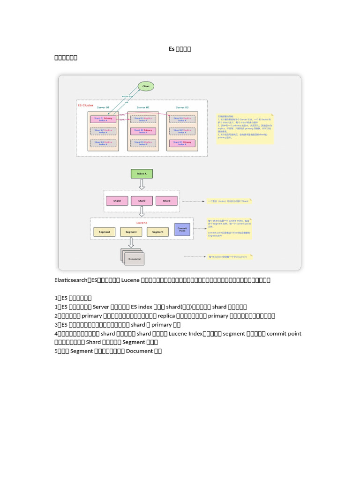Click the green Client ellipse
[x=146, y=87]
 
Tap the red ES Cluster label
[x=85, y=105]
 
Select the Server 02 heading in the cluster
[x=142, y=108]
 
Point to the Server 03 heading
[x=182, y=108]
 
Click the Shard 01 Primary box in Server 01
[x=103, y=120]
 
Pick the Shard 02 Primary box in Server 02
[x=142, y=131]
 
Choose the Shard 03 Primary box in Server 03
[x=182, y=143]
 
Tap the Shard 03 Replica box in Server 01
[x=103, y=143]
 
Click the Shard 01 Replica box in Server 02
[x=142, y=120]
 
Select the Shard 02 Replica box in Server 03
[x=182, y=131]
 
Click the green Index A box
[x=142, y=174]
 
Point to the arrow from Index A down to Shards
[x=142, y=184]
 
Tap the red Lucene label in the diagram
[x=142, y=223]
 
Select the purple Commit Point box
[x=182, y=229]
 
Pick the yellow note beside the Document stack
[x=230, y=257]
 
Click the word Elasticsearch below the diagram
[x=71, y=280]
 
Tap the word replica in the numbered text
[x=167, y=316]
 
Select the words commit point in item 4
[x=284, y=334]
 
